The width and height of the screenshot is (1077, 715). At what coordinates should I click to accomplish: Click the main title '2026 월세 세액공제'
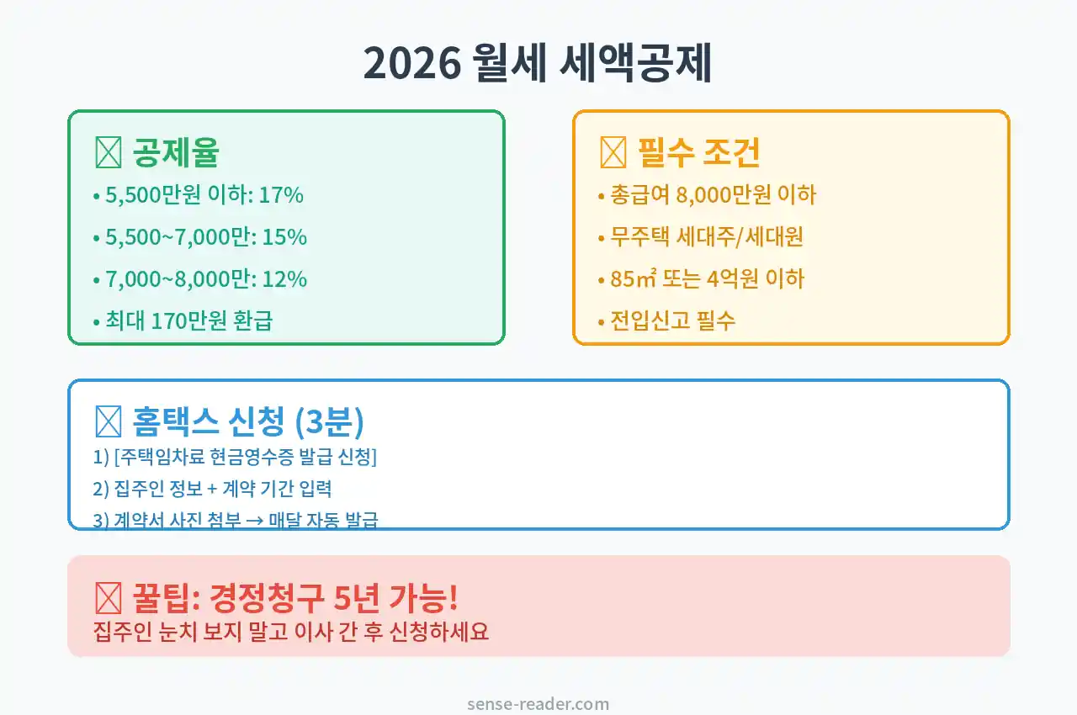point(538,64)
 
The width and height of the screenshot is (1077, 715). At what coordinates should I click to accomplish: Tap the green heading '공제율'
point(176,152)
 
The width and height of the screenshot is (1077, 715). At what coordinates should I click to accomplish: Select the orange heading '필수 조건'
point(699,152)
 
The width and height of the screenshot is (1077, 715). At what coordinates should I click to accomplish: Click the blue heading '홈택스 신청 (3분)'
point(248,421)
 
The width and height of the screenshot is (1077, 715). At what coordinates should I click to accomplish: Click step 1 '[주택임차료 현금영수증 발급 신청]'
point(235,458)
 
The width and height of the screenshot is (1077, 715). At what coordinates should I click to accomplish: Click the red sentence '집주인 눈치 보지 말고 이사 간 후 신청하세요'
point(291,631)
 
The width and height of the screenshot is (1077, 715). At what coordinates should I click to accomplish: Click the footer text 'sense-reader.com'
point(538,704)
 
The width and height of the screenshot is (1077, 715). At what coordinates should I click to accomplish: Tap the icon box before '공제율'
point(108,153)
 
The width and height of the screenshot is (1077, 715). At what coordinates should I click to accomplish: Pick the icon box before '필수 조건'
point(613,153)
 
